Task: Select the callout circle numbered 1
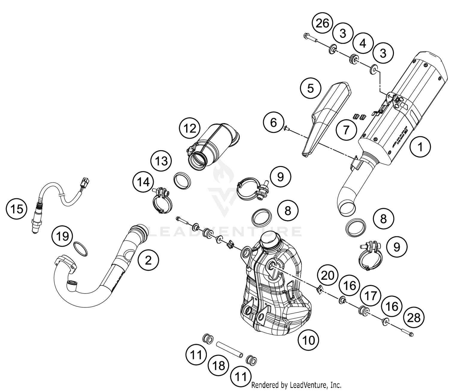click(x=420, y=147)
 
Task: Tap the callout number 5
click(x=311, y=88)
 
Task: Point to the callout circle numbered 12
click(x=190, y=129)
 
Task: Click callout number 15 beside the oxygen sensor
click(x=17, y=209)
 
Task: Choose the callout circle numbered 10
click(x=309, y=340)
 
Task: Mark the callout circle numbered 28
click(x=414, y=318)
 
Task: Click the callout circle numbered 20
click(x=327, y=275)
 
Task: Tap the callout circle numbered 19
click(x=62, y=236)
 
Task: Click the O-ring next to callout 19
click(x=81, y=249)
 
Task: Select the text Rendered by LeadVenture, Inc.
click(x=296, y=385)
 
